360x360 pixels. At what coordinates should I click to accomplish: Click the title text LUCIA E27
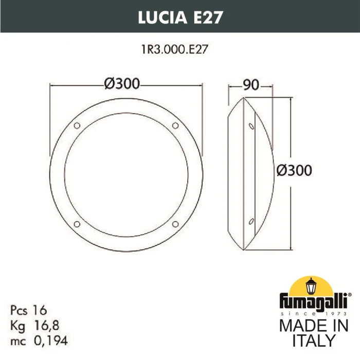coord(179,17)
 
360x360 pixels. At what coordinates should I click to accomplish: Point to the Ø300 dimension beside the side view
coord(294,170)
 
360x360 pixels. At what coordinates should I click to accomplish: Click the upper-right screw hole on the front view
coord(175,125)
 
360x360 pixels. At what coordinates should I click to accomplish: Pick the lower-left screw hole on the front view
coord(77,223)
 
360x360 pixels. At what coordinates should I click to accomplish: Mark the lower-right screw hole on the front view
coord(175,223)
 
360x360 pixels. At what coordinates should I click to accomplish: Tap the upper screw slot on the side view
coord(251,127)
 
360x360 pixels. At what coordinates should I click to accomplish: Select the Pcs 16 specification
coord(29,310)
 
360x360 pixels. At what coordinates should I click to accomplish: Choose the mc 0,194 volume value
coord(39,340)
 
